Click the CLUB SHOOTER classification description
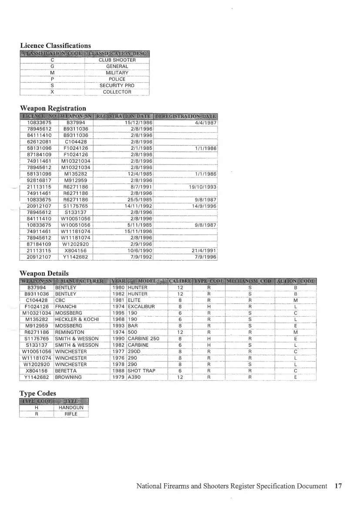click(x=117, y=60)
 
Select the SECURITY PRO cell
click(x=117, y=86)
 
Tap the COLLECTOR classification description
click(x=117, y=92)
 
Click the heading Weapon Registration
click(x=53, y=108)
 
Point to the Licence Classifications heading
click(x=55, y=45)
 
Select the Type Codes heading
click(x=38, y=393)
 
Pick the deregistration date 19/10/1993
click(x=202, y=187)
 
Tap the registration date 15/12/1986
click(x=138, y=123)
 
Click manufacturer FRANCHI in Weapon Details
click(x=66, y=306)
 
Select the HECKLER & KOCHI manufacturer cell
click(x=75, y=319)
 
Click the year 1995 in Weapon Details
click(x=118, y=313)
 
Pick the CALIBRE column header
click(x=180, y=281)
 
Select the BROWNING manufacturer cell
click(x=68, y=377)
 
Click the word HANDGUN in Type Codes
click(x=71, y=408)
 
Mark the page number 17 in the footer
click(x=338, y=486)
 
